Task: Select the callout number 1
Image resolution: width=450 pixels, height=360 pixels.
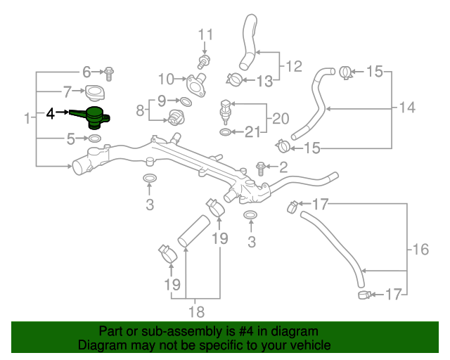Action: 27,118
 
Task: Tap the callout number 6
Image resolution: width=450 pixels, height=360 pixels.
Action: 87,72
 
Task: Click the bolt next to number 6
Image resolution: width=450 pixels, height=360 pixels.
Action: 109,71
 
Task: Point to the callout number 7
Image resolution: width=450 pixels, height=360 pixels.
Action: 68,91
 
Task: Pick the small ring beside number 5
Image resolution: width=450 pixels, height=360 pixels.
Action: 95,139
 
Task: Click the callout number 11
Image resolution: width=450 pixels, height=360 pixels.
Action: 205,34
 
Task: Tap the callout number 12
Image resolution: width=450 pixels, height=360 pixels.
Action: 293,67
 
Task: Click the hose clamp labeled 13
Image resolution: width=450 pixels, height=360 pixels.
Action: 236,79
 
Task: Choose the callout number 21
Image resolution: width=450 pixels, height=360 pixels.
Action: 252,131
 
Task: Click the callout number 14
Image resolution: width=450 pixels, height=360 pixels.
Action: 407,108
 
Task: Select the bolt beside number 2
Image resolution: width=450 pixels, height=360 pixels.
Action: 261,167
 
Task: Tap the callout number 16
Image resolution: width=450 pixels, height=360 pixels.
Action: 420,249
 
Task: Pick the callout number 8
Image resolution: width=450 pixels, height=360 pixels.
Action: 139,110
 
